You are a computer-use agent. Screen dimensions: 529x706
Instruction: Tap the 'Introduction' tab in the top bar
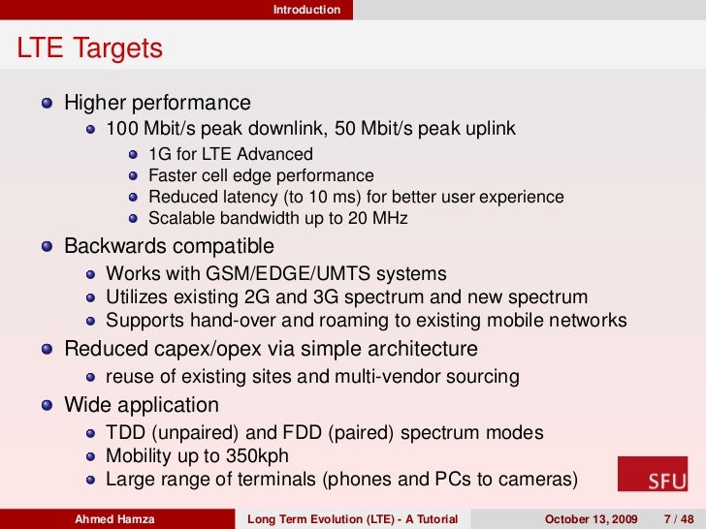[x=306, y=10]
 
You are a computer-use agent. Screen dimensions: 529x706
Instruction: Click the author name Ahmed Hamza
[x=114, y=518]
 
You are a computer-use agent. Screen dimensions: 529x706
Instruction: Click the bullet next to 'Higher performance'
[x=48, y=104]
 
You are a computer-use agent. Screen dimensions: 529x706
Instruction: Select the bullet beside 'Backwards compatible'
[x=48, y=247]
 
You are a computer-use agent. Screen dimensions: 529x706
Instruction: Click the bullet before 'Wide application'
[x=48, y=405]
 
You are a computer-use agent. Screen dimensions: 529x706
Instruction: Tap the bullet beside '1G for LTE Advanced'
[x=134, y=155]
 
